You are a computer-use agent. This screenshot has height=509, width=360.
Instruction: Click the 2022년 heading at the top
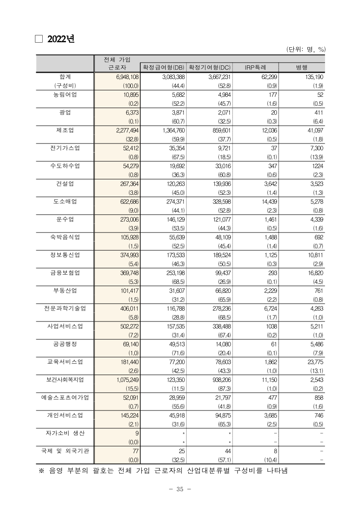click(x=61, y=40)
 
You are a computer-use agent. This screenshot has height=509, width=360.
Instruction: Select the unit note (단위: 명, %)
click(x=306, y=49)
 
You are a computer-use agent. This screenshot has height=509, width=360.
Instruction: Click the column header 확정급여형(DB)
click(x=163, y=67)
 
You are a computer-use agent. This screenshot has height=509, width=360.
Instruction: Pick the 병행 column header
click(x=302, y=67)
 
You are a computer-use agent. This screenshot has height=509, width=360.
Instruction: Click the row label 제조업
click(x=65, y=131)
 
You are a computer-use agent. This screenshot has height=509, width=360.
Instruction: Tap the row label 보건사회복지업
click(x=65, y=379)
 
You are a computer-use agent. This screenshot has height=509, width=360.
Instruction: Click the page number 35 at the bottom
click(x=180, y=489)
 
